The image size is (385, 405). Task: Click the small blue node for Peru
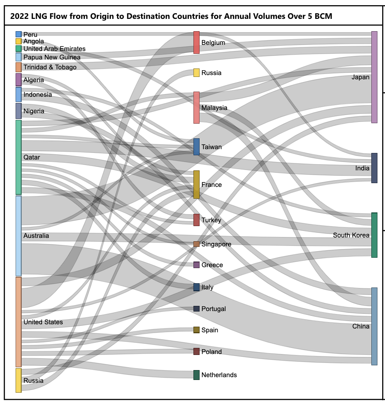pyautogui.click(x=18, y=34)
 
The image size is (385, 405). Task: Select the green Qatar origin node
pyautogui.click(x=18, y=157)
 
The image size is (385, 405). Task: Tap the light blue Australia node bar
pyautogui.click(x=18, y=236)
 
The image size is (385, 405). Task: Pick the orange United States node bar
pyautogui.click(x=18, y=322)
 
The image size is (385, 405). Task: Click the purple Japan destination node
pyautogui.click(x=374, y=77)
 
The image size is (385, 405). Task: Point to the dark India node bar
pyautogui.click(x=374, y=168)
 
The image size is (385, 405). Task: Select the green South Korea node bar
pyautogui.click(x=374, y=235)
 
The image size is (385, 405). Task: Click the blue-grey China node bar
pyautogui.click(x=374, y=326)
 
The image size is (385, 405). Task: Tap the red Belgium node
pyautogui.click(x=196, y=42)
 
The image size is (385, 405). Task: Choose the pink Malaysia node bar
pyautogui.click(x=196, y=108)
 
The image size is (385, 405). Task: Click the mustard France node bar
pyautogui.click(x=196, y=185)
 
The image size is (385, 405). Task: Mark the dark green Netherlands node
pyautogui.click(x=196, y=375)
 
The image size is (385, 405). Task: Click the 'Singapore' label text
pyautogui.click(x=216, y=244)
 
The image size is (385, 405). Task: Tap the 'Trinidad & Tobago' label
pyautogui.click(x=50, y=67)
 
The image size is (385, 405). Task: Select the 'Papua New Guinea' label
pyautogui.click(x=51, y=57)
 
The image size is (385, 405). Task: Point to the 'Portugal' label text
pyautogui.click(x=213, y=309)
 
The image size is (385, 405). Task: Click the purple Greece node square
pyautogui.click(x=196, y=265)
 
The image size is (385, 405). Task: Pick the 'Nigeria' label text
pyautogui.click(x=33, y=111)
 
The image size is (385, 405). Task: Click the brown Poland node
pyautogui.click(x=196, y=352)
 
